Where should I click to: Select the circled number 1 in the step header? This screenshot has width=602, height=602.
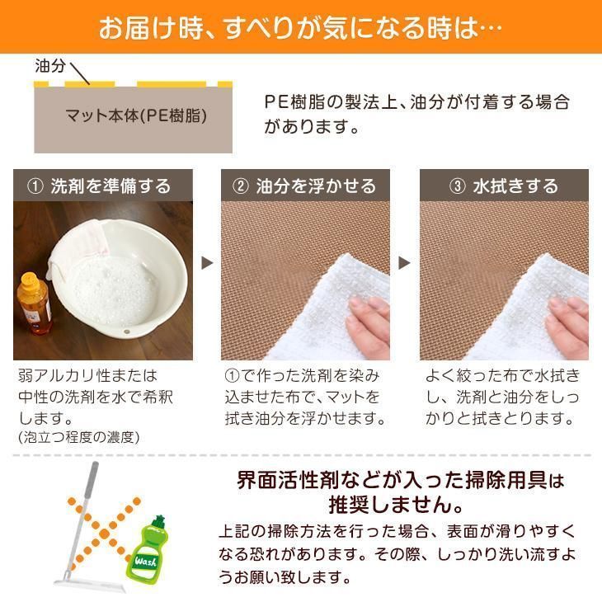(35, 186)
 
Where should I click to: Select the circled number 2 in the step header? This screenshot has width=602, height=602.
(241, 186)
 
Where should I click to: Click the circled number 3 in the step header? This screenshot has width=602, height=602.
(457, 186)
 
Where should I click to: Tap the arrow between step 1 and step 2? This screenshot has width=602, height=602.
(207, 263)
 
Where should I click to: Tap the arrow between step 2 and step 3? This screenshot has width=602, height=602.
(405, 263)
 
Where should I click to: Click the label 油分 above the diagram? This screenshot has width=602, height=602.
(50, 66)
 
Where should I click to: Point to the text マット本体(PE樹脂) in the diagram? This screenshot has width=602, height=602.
(136, 115)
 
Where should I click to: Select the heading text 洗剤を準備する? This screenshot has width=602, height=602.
(111, 186)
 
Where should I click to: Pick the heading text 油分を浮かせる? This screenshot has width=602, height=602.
(316, 186)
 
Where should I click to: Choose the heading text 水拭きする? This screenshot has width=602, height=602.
(515, 186)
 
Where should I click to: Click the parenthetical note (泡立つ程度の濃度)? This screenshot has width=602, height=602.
(78, 437)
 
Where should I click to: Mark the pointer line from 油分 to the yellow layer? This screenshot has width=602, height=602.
(80, 73)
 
